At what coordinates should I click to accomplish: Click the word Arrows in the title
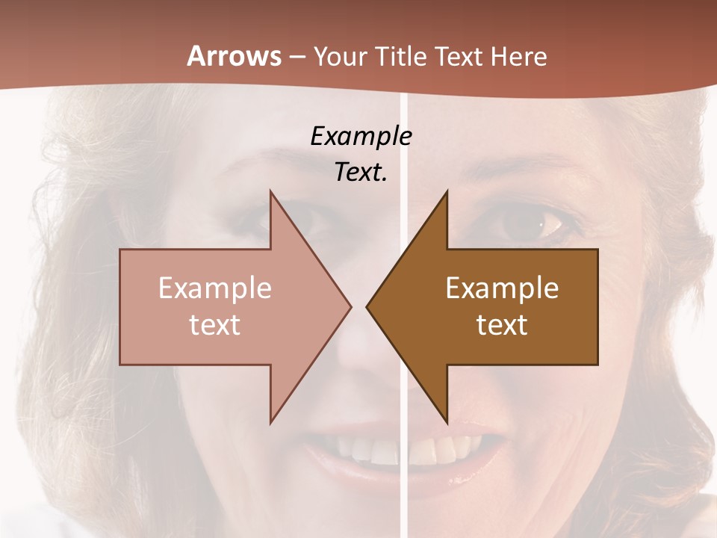click(234, 56)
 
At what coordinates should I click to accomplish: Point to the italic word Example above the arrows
click(361, 136)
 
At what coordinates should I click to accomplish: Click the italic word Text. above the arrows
click(361, 173)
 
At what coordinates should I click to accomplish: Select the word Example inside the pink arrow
click(215, 288)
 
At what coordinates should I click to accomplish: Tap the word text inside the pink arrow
click(215, 324)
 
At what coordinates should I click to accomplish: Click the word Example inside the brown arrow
click(502, 288)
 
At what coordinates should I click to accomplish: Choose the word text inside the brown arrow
click(502, 324)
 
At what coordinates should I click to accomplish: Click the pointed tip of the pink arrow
click(350, 306)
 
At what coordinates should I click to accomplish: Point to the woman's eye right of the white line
click(533, 221)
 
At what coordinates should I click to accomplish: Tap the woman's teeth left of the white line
click(366, 449)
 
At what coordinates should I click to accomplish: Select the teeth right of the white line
click(441, 447)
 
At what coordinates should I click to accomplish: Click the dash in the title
click(297, 57)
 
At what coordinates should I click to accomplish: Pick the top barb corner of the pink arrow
click(270, 192)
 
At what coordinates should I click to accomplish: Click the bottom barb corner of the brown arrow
click(447, 422)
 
